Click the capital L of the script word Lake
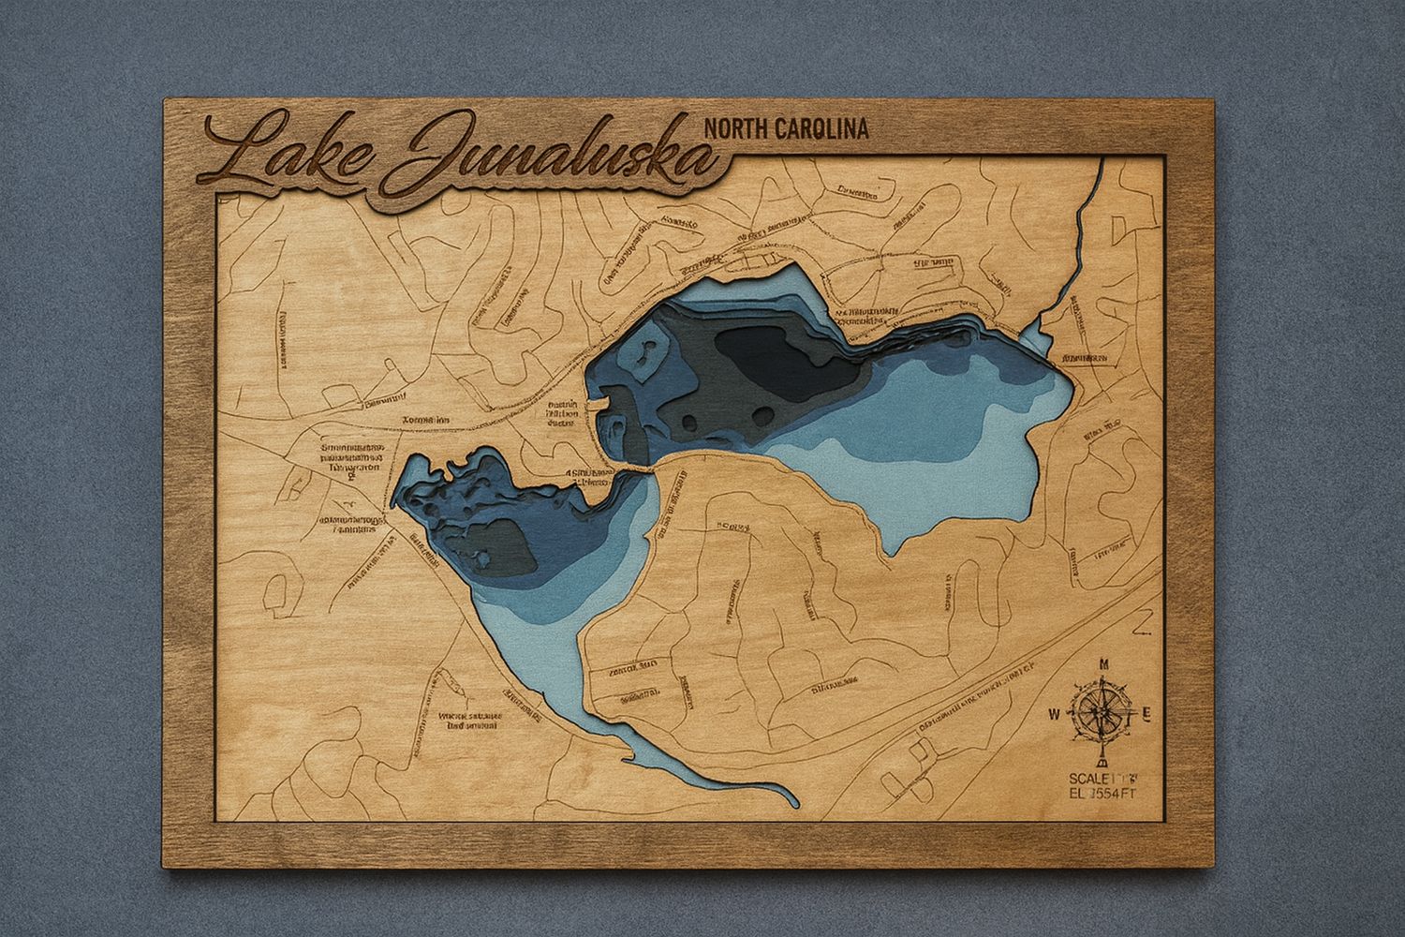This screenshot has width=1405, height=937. tap(239, 153)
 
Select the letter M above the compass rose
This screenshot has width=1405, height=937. tap(1104, 664)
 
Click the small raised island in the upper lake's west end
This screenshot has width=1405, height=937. tap(645, 356)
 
